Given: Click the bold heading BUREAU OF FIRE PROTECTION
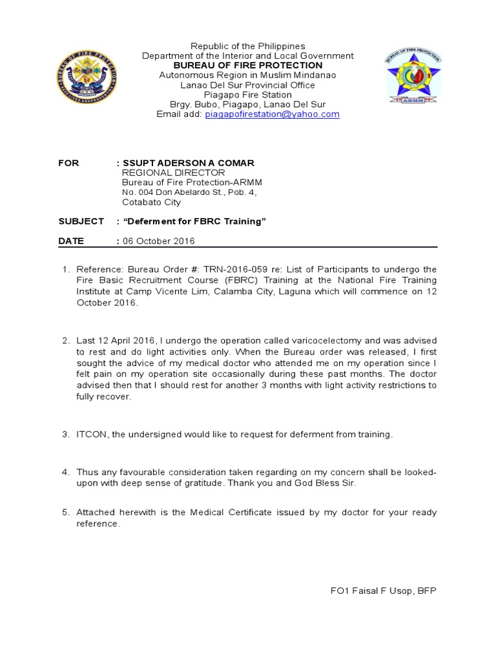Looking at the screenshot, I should tap(247, 65).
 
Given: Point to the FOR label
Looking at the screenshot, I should tap(68, 163).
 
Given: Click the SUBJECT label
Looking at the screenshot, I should tap(81, 221).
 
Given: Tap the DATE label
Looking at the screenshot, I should tap(71, 241).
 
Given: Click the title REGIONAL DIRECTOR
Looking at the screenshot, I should tap(174, 173).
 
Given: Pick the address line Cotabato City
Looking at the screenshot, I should tap(152, 202).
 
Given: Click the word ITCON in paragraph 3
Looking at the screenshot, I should tap(92, 434).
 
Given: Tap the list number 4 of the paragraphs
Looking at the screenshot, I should tap(65, 473).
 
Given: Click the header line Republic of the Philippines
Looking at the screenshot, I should tap(247, 46).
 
